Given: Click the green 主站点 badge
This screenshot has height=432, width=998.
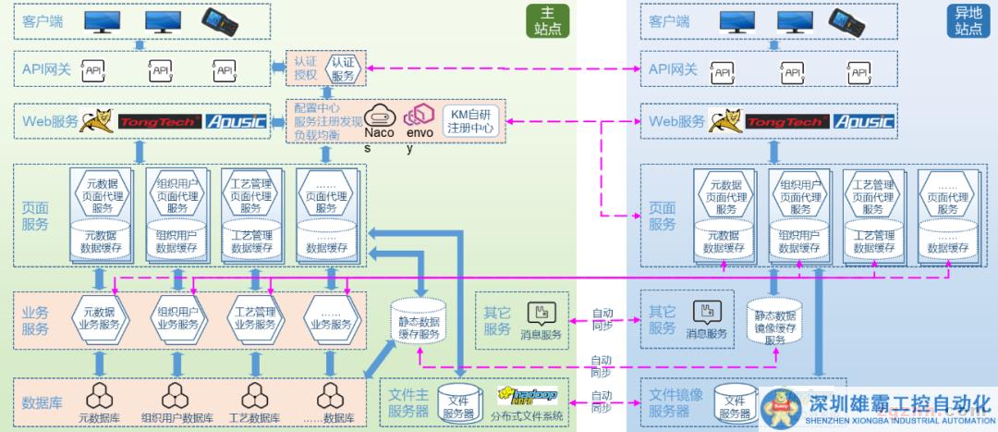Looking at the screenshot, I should click(x=547, y=21).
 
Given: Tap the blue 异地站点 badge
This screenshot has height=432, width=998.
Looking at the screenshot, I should click(x=969, y=21).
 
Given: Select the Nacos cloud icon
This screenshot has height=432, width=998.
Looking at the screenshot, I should click(x=379, y=115).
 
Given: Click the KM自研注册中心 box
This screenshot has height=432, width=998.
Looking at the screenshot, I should click(x=471, y=121).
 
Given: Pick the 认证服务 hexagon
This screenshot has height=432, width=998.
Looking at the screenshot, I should click(x=341, y=69).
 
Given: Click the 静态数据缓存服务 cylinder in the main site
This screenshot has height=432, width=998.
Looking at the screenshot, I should click(x=420, y=321).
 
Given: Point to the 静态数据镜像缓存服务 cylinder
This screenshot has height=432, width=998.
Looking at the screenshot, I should click(x=773, y=321).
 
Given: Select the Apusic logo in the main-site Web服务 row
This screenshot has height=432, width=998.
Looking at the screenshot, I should click(x=236, y=121).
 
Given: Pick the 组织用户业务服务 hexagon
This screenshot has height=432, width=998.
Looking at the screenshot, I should click(x=177, y=317).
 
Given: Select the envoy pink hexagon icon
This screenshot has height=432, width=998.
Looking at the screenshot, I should click(x=420, y=115).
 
